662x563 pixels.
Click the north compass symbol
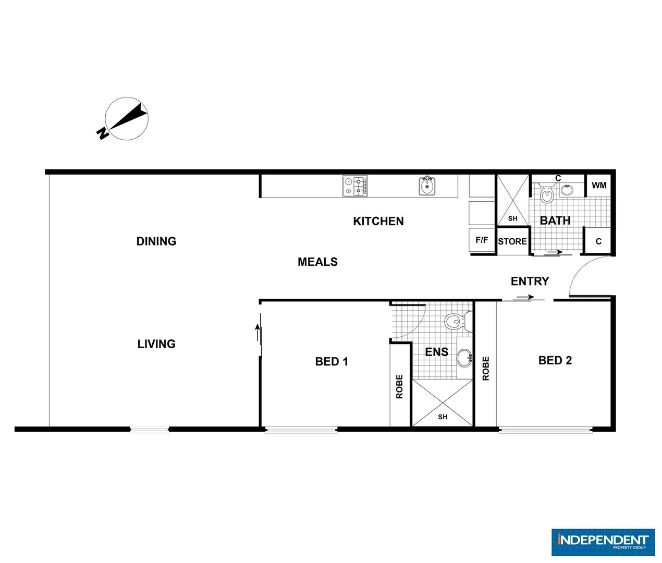126,119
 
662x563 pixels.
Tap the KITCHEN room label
378,221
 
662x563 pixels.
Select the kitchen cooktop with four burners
355,186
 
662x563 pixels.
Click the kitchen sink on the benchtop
427,186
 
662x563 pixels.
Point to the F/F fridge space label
482,240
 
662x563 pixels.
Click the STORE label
512,241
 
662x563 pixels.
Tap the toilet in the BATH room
546,194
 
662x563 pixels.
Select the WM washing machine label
598,185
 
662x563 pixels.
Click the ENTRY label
530,281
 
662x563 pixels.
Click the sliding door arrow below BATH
555,252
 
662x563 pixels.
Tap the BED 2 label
555,360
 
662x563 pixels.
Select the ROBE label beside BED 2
486,368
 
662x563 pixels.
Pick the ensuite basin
464,358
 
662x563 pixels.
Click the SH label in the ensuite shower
443,417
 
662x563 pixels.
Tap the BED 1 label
331,361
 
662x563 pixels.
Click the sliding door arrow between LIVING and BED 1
257,333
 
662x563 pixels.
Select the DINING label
156,241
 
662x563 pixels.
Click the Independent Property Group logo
603,542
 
